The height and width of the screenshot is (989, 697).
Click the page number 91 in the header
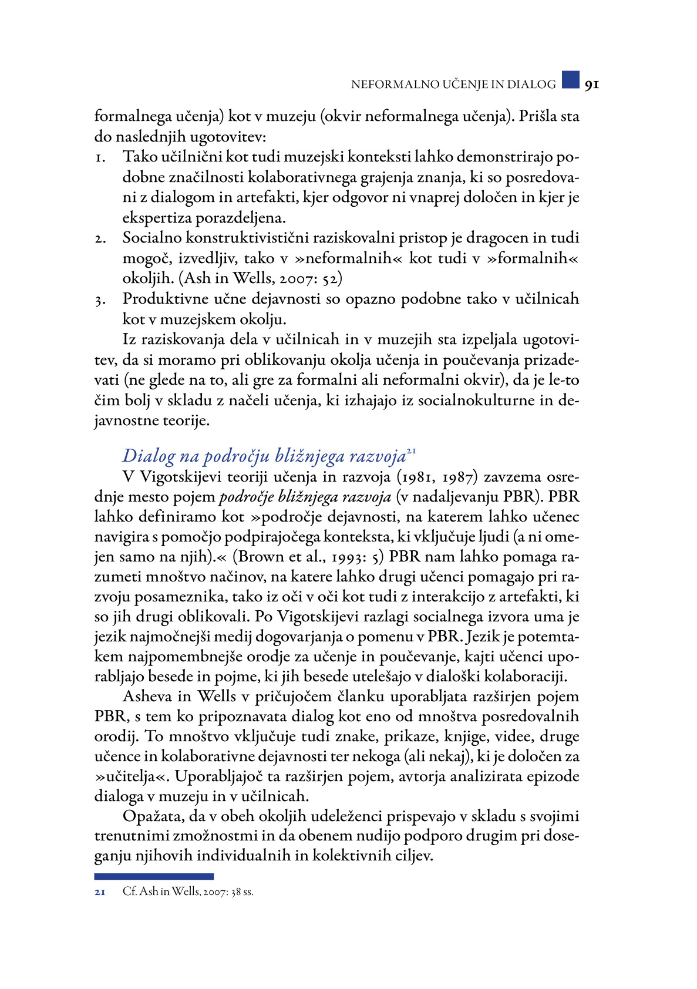(x=591, y=85)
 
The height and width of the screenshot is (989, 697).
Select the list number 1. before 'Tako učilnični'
(x=100, y=157)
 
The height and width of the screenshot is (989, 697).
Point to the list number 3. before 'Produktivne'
(x=100, y=300)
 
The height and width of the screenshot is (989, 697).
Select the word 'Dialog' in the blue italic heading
(x=149, y=456)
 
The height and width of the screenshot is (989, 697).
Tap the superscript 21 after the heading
(x=411, y=451)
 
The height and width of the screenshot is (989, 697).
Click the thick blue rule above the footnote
(x=154, y=876)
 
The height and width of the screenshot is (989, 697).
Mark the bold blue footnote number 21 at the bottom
(x=100, y=892)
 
